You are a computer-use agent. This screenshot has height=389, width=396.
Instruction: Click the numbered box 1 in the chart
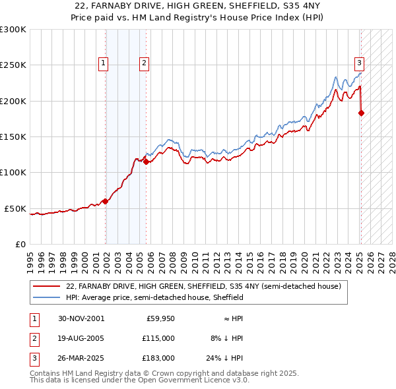coord(104,63)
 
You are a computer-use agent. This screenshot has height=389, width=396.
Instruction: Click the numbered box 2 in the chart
coord(143,63)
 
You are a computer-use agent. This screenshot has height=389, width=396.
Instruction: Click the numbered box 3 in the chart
coord(359,63)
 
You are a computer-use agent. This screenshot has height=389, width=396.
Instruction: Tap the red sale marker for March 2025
coord(361,113)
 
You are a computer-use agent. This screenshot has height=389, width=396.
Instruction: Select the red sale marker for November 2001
coord(106,202)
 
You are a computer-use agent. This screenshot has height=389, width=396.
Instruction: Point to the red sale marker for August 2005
coord(146,162)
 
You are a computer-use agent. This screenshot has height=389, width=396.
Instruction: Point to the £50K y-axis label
coord(15,208)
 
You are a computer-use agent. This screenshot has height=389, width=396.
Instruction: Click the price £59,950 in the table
coord(159,318)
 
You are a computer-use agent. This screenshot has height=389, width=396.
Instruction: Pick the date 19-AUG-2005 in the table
coord(81,338)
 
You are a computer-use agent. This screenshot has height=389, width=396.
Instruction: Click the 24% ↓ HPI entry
coord(226,358)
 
